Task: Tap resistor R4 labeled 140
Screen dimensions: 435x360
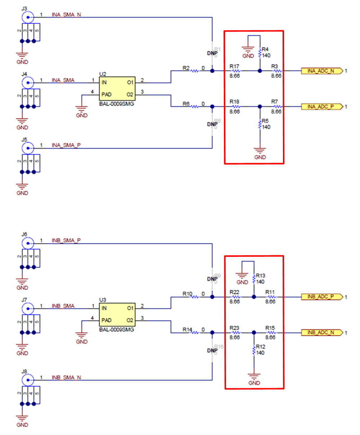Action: pyautogui.click(x=260, y=53)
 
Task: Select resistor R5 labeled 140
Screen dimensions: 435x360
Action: pyautogui.click(x=260, y=125)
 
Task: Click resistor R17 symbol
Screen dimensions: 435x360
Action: pyautogui.click(x=235, y=71)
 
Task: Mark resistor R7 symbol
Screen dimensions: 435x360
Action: pyautogui.click(x=277, y=107)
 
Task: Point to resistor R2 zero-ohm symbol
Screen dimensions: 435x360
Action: pyautogui.click(x=194, y=71)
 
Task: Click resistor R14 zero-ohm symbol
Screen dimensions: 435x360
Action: pyautogui.click(x=194, y=333)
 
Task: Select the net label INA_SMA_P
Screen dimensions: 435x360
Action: pyautogui.click(x=66, y=145)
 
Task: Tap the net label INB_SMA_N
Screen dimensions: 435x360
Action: pyautogui.click(x=66, y=377)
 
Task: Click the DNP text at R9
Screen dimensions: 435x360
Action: pyautogui.click(x=212, y=279)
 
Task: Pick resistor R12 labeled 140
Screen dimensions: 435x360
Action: pyautogui.click(x=254, y=350)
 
